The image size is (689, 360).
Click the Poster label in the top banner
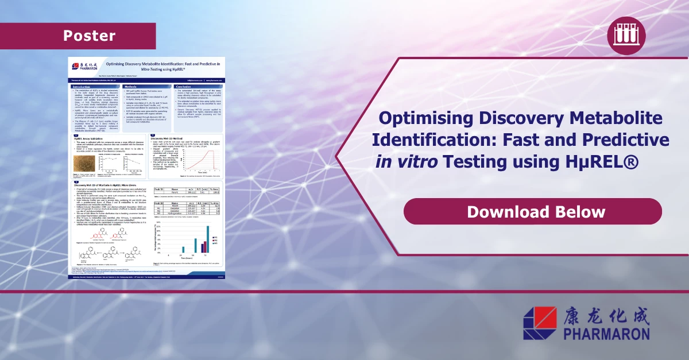[89, 36]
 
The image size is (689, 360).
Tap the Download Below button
[536, 211]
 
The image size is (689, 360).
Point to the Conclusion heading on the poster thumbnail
[183, 87]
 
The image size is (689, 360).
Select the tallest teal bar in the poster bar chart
[206, 239]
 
